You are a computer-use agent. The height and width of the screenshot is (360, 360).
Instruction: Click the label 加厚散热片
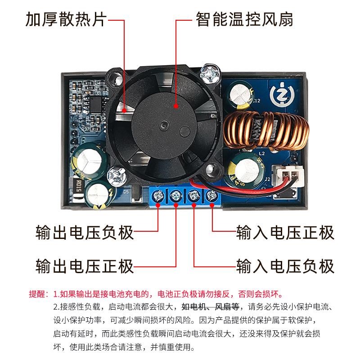point(66,19)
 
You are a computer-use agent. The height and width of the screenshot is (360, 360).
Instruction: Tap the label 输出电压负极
point(85,233)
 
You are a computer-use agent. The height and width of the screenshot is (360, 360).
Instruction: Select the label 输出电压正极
point(85,265)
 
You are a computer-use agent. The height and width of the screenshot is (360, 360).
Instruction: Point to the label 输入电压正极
point(286,233)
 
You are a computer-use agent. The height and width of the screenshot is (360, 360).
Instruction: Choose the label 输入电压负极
point(286,265)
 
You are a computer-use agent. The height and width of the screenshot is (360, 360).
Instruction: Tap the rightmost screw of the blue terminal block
point(211,196)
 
